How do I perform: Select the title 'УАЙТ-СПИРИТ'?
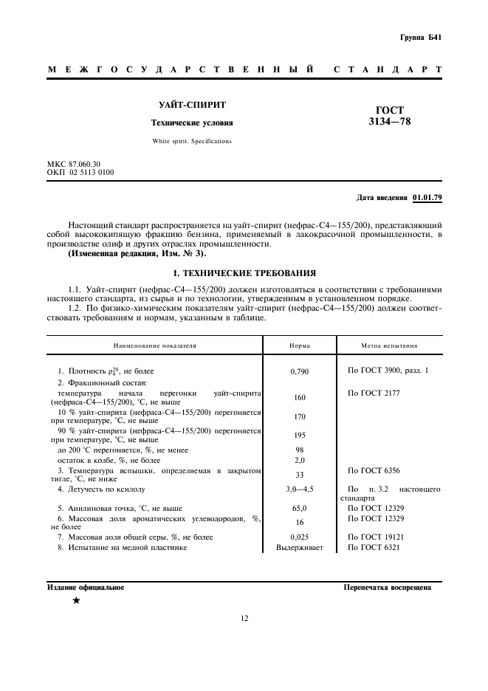click(191, 106)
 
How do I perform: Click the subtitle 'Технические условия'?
click(191, 123)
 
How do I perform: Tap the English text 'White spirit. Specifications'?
click(191, 140)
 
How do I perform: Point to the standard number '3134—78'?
click(390, 122)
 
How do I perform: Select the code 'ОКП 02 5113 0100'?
click(80, 172)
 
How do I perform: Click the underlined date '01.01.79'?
click(427, 199)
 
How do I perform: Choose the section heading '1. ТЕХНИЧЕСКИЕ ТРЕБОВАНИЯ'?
click(244, 272)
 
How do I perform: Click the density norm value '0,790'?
click(299, 371)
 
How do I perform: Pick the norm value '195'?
click(299, 436)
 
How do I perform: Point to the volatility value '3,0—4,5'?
click(299, 489)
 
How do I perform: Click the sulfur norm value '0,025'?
click(299, 537)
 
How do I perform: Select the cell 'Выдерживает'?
click(299, 548)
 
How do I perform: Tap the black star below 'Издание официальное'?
click(75, 600)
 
